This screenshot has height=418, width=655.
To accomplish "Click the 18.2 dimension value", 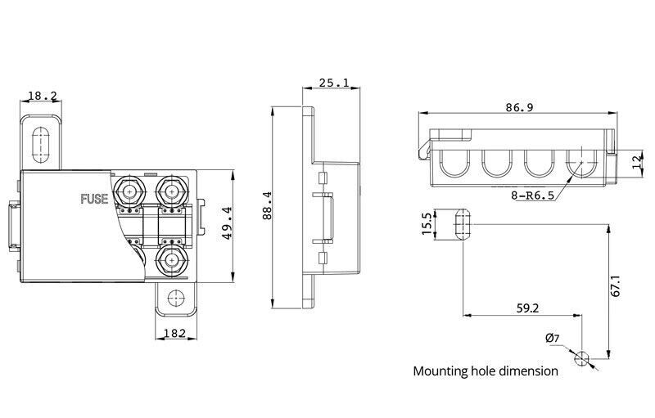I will pos(43,96).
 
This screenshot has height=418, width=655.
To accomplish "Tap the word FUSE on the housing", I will pos(94,199).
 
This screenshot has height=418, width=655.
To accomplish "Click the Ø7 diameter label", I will pos(552,338).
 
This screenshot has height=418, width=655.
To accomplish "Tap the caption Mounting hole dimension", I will pos(486,371).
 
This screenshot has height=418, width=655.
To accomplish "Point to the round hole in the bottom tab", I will pos(175,298).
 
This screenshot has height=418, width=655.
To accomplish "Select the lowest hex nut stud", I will pos(171,260).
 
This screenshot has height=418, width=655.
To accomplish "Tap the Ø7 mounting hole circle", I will pos(581,358).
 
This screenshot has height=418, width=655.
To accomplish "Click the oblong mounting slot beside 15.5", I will pos(463,223).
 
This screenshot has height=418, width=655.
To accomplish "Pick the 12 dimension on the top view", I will pos(637,160).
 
